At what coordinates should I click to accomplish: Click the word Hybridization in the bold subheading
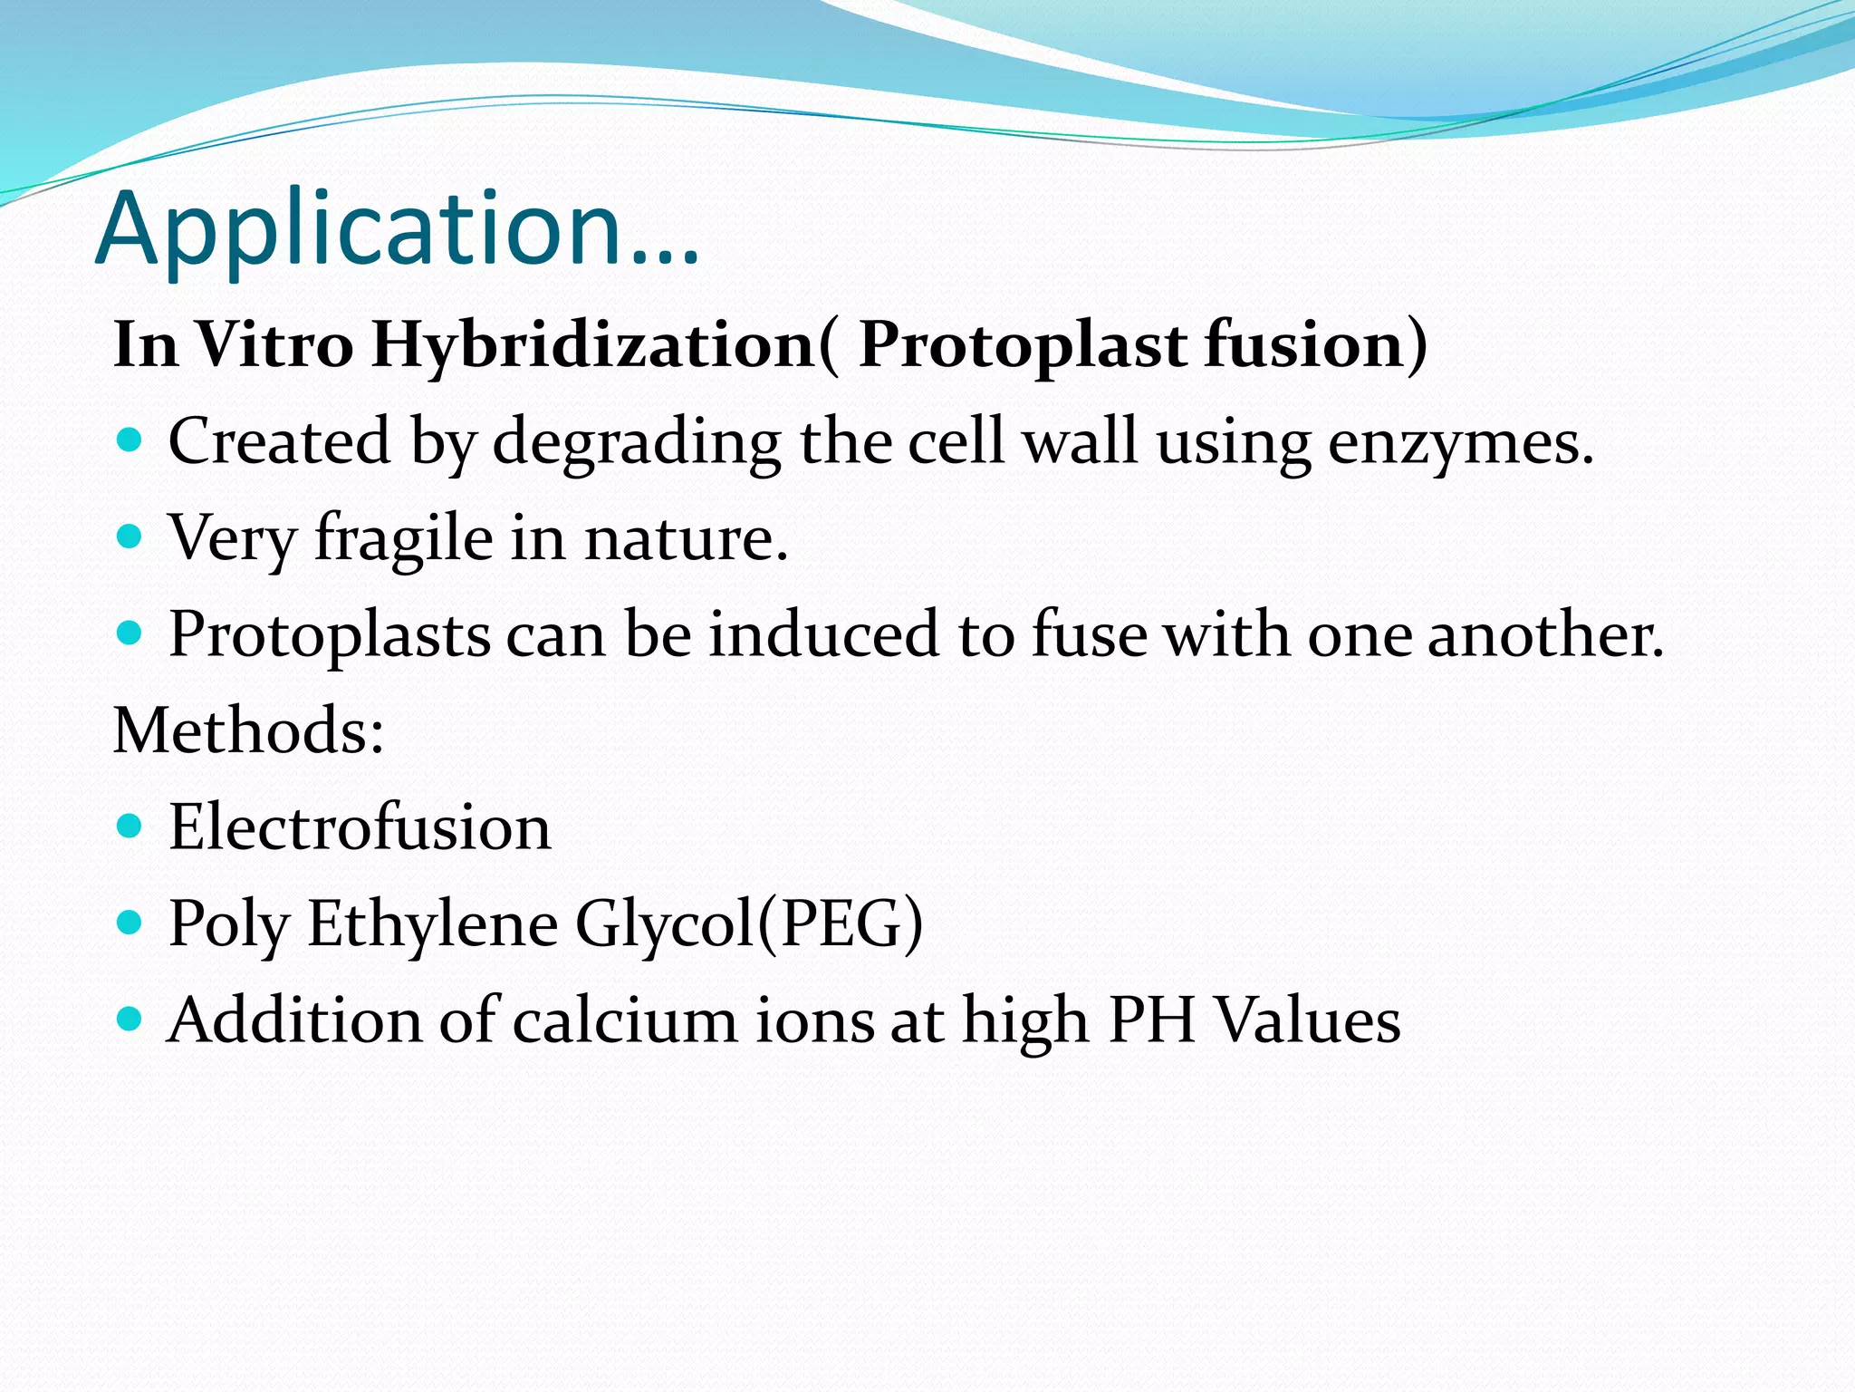click(x=593, y=346)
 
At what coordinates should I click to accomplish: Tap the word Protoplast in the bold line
click(x=1023, y=346)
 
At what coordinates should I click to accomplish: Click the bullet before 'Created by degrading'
click(x=130, y=441)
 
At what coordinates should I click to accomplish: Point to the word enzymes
click(x=1460, y=444)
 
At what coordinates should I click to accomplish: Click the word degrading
click(x=637, y=444)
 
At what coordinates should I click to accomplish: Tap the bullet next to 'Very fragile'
click(x=130, y=537)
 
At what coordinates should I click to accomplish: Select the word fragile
click(x=404, y=540)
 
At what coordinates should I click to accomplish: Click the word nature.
click(x=686, y=540)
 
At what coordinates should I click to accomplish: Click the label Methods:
click(x=248, y=730)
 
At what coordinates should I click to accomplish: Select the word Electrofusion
click(x=360, y=827)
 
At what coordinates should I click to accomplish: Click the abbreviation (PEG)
click(x=840, y=924)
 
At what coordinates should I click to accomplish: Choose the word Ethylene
click(x=433, y=924)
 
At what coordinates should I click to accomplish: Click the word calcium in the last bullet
click(x=625, y=1020)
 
